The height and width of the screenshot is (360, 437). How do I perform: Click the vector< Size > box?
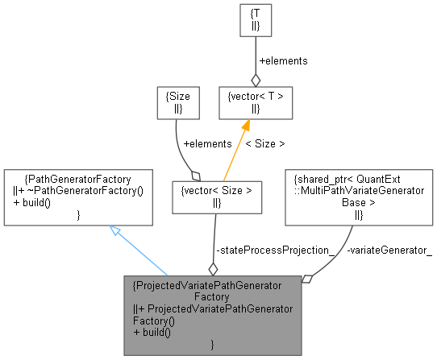click(x=218, y=197)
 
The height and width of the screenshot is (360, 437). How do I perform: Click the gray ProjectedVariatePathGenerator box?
click(x=211, y=315)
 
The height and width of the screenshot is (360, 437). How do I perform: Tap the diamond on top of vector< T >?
click(x=256, y=79)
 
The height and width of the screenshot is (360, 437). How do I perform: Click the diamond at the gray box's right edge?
click(x=306, y=279)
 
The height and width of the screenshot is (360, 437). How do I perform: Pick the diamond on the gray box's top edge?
click(x=213, y=268)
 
